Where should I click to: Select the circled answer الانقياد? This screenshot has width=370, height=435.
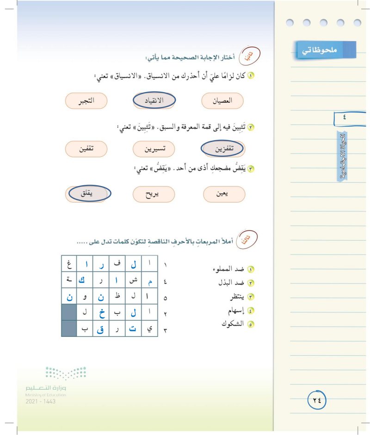pos(154,100)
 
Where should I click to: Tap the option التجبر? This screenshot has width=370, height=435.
pos(86,100)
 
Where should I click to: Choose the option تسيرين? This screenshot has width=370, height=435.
pos(154,149)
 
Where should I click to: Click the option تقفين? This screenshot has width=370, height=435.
pos(86,149)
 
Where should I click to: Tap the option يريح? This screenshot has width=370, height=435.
pos(154,194)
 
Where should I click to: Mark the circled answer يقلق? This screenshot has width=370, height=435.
pos(89,194)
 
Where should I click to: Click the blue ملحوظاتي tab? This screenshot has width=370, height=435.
pos(327,50)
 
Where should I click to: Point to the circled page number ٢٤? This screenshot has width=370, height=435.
pos(316,399)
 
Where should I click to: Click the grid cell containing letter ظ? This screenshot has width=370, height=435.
pos(117,297)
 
